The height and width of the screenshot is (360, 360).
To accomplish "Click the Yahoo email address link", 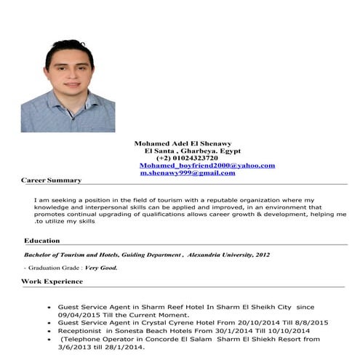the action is tap(207, 166).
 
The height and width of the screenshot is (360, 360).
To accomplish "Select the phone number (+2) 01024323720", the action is tap(187, 158).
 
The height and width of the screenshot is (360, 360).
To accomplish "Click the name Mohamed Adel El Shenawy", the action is tap(187, 143).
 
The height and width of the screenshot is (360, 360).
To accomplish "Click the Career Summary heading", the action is tap(51, 180).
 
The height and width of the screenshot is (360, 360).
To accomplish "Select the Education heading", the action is tap(42, 240).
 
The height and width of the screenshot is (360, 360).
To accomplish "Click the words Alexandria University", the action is tap(217, 255).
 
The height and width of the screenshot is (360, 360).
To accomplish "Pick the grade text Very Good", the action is tap(101, 268).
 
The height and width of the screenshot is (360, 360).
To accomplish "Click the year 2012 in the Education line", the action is tap(262, 255).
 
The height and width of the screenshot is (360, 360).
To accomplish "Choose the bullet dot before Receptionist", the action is tap(49, 332).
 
